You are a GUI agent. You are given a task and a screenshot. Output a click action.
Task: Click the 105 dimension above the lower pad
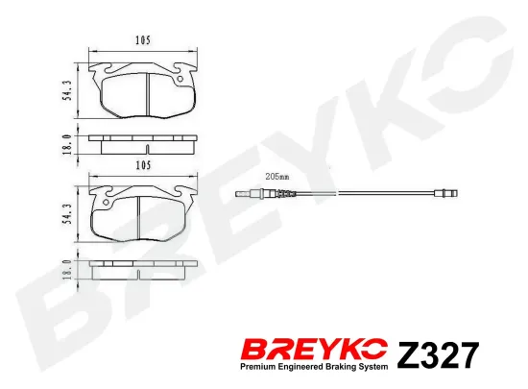tap(144, 165)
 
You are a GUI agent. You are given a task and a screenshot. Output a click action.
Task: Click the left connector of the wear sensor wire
tap(252, 196)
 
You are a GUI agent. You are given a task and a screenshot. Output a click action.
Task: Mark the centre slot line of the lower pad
tap(144, 217)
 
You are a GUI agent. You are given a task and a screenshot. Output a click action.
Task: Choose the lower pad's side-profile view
tap(144, 272)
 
